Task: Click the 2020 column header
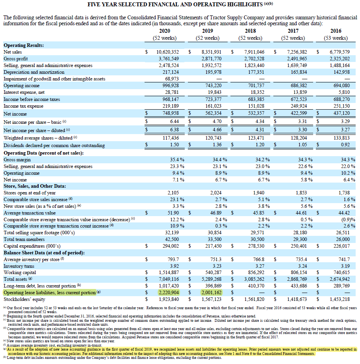point(165,31)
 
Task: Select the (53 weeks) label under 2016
point(336,38)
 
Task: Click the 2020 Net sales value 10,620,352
point(168,52)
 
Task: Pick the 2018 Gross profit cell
point(254,59)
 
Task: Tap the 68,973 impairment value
point(172,79)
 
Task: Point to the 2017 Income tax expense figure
point(299,106)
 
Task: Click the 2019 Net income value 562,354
point(213,113)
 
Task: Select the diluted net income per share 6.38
point(174,129)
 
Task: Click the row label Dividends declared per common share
point(54,146)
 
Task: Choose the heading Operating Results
point(24,45)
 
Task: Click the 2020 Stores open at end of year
point(173,193)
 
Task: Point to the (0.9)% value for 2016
point(348,220)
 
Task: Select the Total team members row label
point(24,239)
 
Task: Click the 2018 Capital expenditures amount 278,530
point(256,246)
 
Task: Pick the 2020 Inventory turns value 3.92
point(174,266)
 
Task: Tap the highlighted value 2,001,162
point(212,293)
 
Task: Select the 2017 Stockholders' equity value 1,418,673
point(297,299)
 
